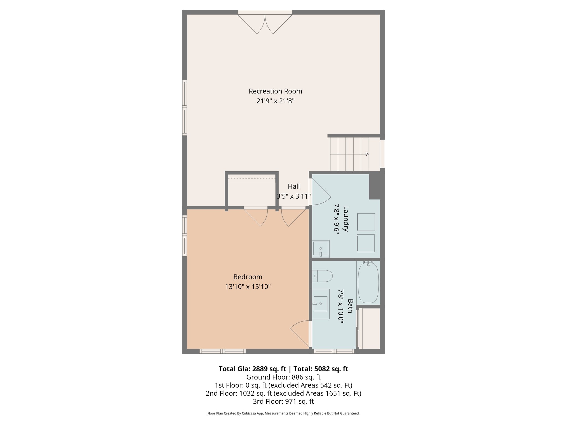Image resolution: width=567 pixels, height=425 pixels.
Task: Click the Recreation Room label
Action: coord(275,91)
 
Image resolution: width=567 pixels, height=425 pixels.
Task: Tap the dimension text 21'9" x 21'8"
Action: coord(275,101)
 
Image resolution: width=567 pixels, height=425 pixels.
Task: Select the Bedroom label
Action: coord(248,277)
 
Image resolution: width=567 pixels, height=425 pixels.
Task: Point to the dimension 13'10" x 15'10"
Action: coord(248,287)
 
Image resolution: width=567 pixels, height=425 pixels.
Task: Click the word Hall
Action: coord(293,186)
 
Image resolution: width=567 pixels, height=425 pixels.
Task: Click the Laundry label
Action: coord(346,219)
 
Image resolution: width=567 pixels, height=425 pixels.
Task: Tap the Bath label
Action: coord(350,306)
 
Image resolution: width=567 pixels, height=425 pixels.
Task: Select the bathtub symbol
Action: coord(368,283)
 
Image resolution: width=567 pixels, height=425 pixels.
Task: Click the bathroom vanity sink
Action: coord(321,304)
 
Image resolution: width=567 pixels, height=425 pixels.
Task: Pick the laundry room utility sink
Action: coord(321,248)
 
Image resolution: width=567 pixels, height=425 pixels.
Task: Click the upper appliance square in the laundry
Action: coord(366,222)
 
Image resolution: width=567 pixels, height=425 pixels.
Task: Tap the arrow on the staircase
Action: coord(349,154)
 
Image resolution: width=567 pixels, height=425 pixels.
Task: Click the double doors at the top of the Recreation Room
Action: coord(265,24)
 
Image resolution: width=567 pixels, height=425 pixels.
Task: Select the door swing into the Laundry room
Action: coord(320,192)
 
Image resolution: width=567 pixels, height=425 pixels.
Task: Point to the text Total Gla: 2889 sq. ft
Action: coord(252,369)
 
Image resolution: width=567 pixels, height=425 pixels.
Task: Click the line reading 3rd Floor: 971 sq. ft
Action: coord(283,401)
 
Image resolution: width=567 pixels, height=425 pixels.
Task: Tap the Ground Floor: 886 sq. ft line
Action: coord(283,377)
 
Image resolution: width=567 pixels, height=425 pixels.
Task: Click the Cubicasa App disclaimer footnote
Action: coord(283,413)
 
